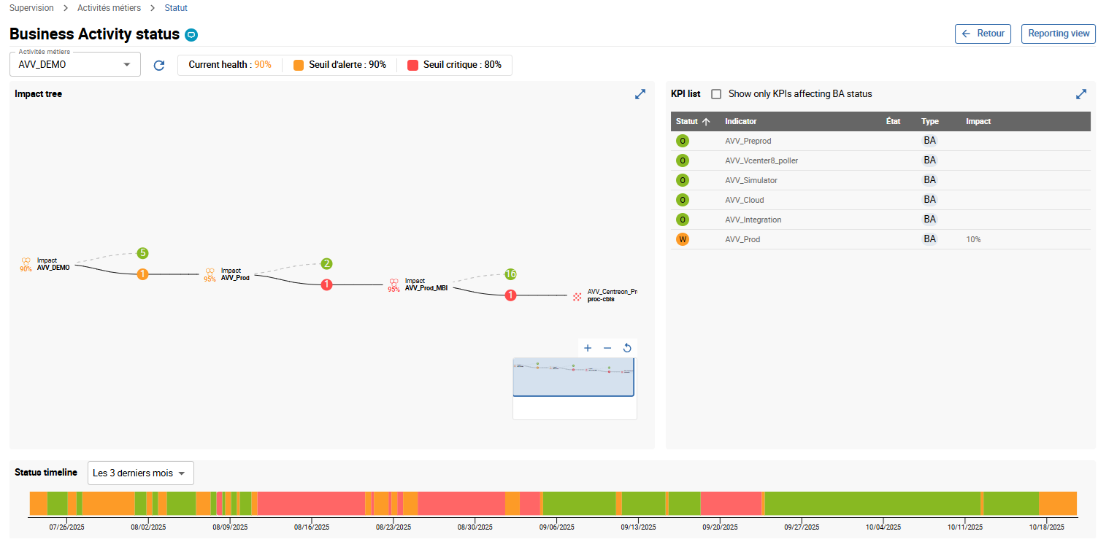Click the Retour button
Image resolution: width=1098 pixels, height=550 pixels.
[983, 34]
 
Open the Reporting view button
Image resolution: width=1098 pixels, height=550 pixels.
[1058, 34]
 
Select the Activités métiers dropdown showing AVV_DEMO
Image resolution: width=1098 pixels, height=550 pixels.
[74, 65]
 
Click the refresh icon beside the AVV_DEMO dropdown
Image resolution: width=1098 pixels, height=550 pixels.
[159, 66]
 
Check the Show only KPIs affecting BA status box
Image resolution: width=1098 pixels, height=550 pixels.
[716, 94]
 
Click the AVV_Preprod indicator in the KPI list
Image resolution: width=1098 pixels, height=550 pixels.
[748, 141]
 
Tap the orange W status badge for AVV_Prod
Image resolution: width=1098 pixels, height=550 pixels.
[683, 239]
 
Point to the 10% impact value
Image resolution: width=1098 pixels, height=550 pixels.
[973, 239]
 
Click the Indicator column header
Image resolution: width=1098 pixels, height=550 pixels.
[740, 122]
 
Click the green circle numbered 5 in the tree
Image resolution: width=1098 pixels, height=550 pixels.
[143, 253]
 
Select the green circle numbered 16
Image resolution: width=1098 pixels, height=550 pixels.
[510, 274]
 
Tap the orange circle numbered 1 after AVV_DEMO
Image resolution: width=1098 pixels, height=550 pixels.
[143, 274]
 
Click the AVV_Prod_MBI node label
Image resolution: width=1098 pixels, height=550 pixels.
[426, 287]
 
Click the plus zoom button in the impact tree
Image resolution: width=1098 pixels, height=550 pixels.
[588, 348]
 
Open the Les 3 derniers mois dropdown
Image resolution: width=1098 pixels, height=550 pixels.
[140, 473]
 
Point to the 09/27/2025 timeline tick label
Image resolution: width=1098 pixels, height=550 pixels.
[802, 527]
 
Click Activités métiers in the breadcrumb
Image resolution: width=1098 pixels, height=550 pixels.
[109, 8]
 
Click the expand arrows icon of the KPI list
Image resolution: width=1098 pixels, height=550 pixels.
[1081, 94]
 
